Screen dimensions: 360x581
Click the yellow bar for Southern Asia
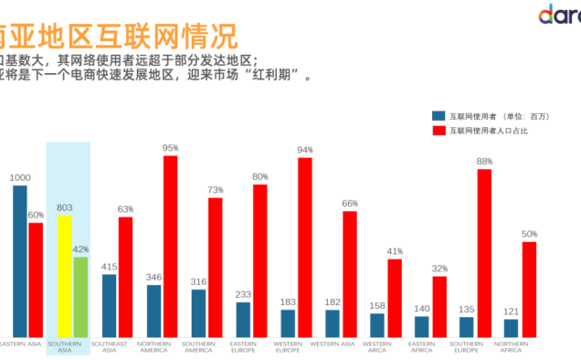(x=64, y=275)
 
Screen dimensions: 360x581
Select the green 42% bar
(x=80, y=296)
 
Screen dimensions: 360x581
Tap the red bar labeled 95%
(x=170, y=246)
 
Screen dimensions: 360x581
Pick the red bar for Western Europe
(x=305, y=247)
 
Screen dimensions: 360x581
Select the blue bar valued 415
(x=109, y=305)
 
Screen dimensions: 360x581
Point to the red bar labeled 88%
(x=484, y=252)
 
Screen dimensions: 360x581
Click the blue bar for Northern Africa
(x=511, y=327)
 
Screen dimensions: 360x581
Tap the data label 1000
(x=20, y=178)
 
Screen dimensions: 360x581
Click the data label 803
(x=64, y=208)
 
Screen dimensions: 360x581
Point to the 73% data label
(x=216, y=190)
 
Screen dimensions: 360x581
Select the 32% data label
(x=439, y=269)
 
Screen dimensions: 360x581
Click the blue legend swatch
(x=438, y=116)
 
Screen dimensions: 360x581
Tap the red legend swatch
(x=438, y=131)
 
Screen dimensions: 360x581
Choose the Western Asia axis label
(x=332, y=344)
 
